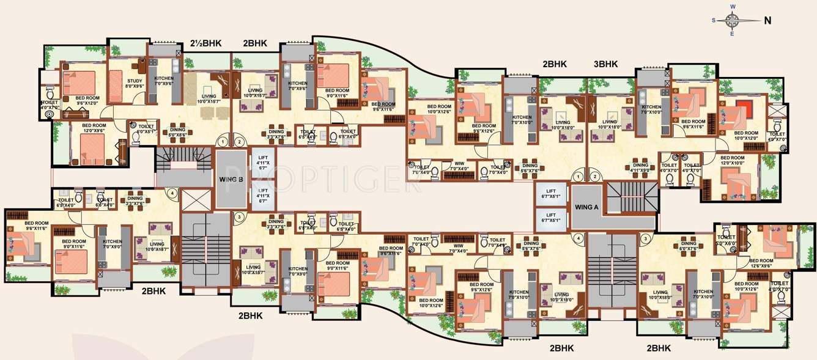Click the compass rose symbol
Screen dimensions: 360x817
coord(732,20)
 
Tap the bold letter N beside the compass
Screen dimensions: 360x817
coord(767,20)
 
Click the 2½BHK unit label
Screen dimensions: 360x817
coord(205,43)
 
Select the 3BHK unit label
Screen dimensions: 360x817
coord(605,64)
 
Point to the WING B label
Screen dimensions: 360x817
coord(232,180)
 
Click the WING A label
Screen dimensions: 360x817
coord(587,207)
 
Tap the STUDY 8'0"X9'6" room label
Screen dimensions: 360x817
coord(135,84)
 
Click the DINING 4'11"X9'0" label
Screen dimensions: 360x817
coord(640,167)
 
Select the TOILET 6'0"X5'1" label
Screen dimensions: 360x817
coord(146,128)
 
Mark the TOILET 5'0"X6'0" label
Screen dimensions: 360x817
coord(726,240)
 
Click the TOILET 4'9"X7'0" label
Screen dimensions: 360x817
coord(777,137)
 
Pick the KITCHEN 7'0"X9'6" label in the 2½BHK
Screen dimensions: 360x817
coord(163,81)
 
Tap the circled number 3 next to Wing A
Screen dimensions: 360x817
coord(643,238)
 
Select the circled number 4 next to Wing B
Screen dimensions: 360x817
coord(173,194)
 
